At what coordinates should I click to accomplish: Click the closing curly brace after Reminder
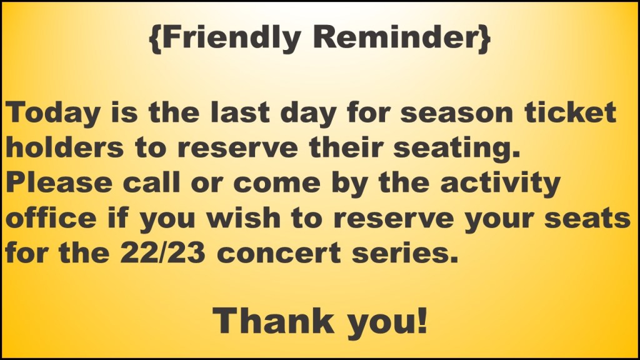[x=484, y=38]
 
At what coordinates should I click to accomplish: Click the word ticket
[x=570, y=112]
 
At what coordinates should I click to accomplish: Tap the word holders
[x=64, y=147]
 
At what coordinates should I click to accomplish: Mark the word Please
[x=59, y=182]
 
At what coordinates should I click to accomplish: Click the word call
[x=151, y=182]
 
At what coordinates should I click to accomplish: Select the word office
[x=51, y=217]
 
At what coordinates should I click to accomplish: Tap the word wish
[x=243, y=217]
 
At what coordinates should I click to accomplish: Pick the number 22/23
[x=163, y=252]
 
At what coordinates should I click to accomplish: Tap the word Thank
[x=273, y=321]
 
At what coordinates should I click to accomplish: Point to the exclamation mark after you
[x=422, y=321]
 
